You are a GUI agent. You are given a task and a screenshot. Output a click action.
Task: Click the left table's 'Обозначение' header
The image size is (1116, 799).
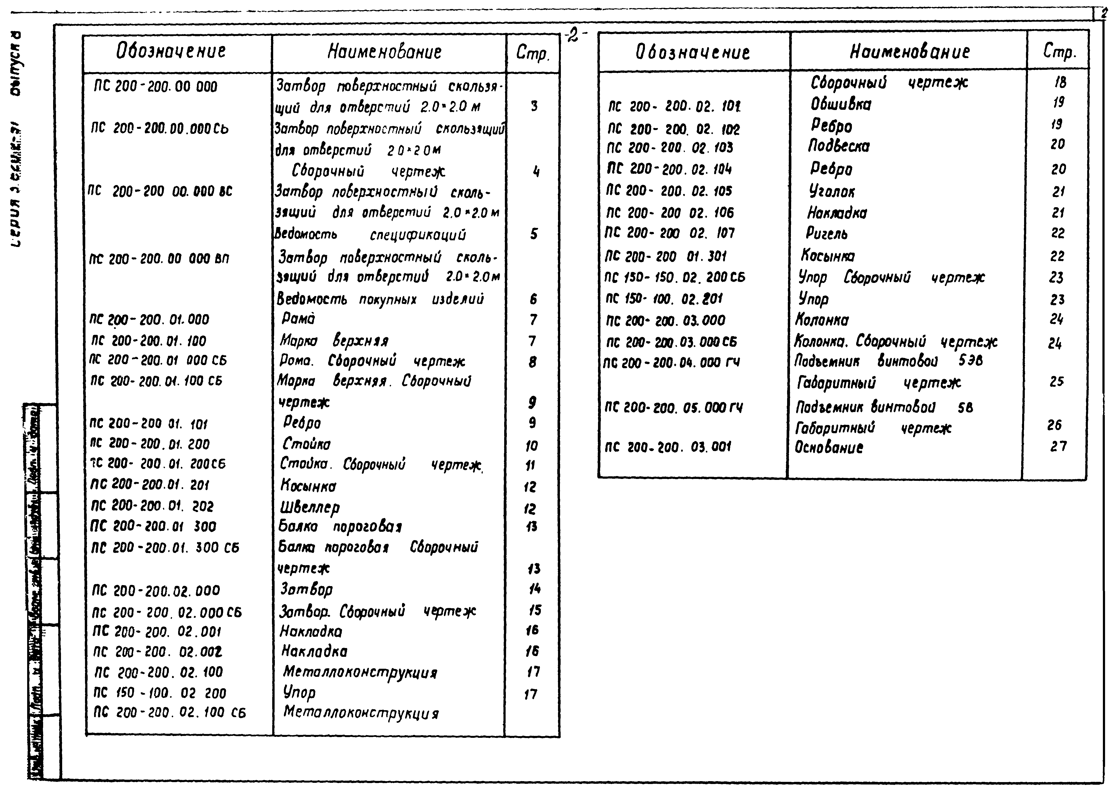[x=171, y=51]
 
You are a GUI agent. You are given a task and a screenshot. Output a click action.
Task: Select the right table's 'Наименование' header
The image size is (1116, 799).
[x=909, y=52]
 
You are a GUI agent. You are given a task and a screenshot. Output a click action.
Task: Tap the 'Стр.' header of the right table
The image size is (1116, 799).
[x=1059, y=52]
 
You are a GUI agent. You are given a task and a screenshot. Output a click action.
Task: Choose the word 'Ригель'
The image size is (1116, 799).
[x=827, y=233]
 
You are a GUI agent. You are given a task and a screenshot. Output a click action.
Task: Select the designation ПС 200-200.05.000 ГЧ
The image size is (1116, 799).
[x=673, y=407]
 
